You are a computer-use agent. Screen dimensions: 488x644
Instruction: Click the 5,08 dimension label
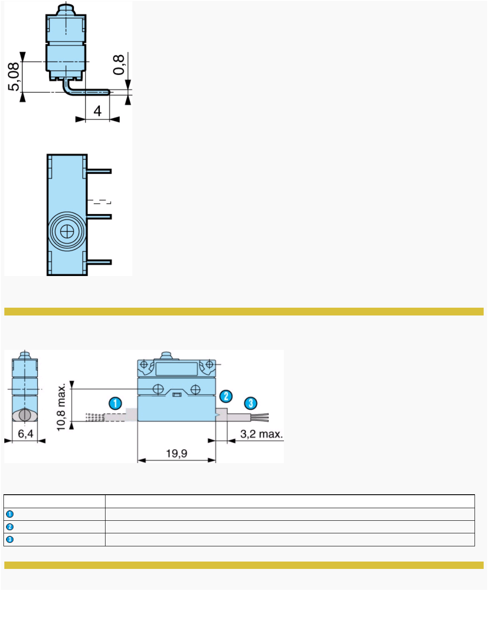click(14, 76)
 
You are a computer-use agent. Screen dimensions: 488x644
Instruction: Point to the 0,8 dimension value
click(119, 65)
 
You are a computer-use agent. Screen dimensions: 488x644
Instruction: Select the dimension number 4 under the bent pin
click(98, 111)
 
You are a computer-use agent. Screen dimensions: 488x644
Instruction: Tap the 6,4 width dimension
click(26, 434)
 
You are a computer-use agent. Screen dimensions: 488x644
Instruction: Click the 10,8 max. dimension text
click(61, 407)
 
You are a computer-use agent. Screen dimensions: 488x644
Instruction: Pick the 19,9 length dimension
click(177, 453)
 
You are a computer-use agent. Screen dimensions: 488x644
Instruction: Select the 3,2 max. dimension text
click(261, 434)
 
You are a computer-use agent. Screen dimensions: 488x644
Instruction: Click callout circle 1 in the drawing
click(115, 403)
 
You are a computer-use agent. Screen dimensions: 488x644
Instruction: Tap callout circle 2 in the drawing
click(226, 396)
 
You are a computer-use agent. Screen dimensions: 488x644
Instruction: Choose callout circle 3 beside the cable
click(251, 403)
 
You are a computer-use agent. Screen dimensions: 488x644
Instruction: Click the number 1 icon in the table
click(10, 514)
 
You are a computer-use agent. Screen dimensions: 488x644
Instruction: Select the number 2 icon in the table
click(10, 527)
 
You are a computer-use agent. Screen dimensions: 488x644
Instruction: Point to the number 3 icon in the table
click(10, 539)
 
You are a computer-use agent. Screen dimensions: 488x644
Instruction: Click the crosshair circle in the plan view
click(67, 232)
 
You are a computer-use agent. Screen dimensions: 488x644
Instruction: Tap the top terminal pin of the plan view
click(99, 171)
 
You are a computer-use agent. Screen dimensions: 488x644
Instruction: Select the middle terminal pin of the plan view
click(99, 217)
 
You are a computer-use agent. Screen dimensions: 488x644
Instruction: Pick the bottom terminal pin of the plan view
click(99, 262)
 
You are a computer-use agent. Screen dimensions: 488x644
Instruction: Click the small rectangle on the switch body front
click(177, 394)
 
